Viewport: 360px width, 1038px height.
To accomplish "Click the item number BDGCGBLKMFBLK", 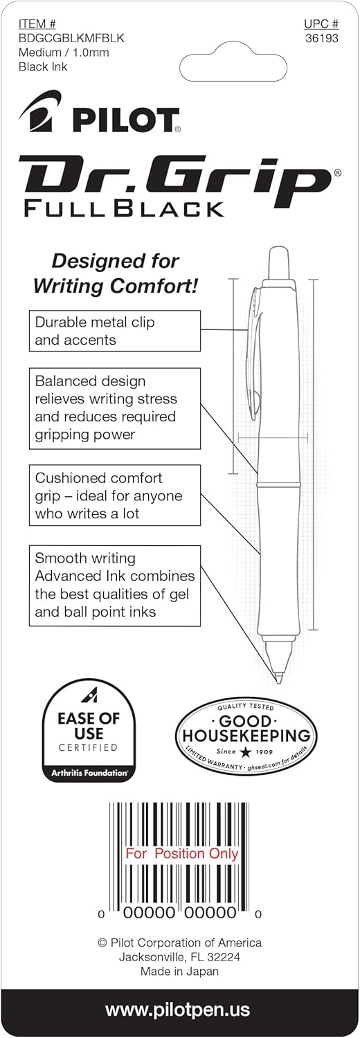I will tap(71, 38).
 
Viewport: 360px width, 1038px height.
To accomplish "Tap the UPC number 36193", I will tap(321, 39).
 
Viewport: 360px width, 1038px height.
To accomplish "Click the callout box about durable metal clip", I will tap(114, 331).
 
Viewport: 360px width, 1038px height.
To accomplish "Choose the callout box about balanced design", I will tap(114, 408).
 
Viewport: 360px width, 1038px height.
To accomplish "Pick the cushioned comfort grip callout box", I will tap(114, 495).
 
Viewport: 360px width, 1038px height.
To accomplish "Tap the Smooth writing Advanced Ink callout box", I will tap(114, 585).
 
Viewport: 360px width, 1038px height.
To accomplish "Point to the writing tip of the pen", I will tap(278, 678).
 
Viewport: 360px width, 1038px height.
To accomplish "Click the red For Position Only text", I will tap(181, 853).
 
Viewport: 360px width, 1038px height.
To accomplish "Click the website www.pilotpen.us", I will tap(177, 1010).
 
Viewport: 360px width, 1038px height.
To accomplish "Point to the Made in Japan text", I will tap(179, 971).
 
